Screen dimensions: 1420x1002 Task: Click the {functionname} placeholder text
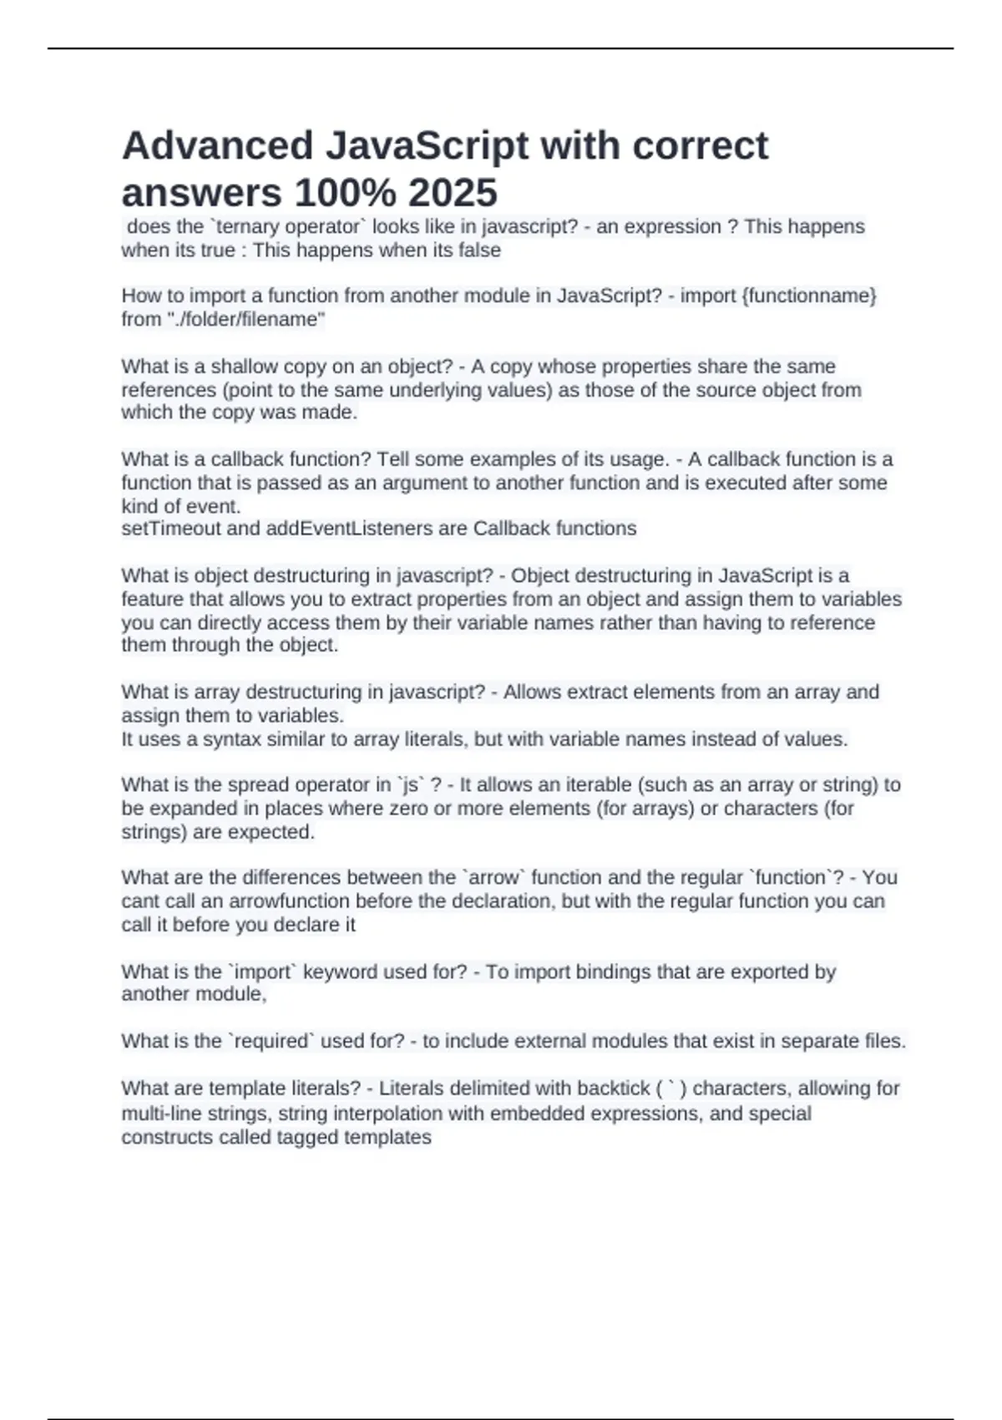coord(808,296)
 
